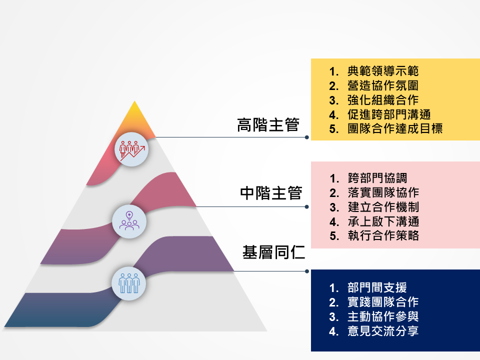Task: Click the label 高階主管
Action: pyautogui.click(x=268, y=125)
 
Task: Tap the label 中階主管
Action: pyautogui.click(x=271, y=193)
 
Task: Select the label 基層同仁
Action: pyautogui.click(x=273, y=252)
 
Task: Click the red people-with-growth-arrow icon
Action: pyautogui.click(x=131, y=149)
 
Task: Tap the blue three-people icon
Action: pyautogui.click(x=129, y=283)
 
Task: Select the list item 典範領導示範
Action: pyautogui.click(x=383, y=71)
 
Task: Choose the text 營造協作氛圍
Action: pyautogui.click(x=383, y=85)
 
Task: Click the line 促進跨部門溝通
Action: pyautogui.click(x=389, y=114)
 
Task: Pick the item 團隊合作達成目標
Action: pyautogui.click(x=395, y=128)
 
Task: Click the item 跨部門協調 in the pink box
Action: pyautogui.click(x=377, y=178)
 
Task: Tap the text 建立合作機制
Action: pyautogui.click(x=383, y=207)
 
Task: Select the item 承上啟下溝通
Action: pyautogui.click(x=383, y=221)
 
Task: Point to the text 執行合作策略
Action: pyautogui.click(x=383, y=235)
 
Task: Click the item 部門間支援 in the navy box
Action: pyautogui.click(x=377, y=287)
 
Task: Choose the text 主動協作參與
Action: pyautogui.click(x=383, y=316)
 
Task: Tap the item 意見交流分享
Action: pyautogui.click(x=383, y=331)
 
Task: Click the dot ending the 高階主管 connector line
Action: pyautogui.click(x=306, y=137)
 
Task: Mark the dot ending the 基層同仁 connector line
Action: pyautogui.click(x=306, y=271)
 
